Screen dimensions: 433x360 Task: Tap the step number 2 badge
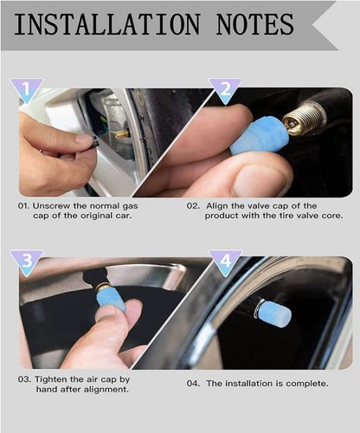click(x=226, y=90)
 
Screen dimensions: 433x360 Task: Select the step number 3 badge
click(x=26, y=262)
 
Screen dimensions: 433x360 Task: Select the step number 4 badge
click(x=226, y=262)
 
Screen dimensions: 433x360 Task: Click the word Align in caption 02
click(x=218, y=206)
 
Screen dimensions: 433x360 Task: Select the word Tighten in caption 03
click(x=55, y=378)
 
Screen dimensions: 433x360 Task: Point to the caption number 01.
click(x=26, y=206)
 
